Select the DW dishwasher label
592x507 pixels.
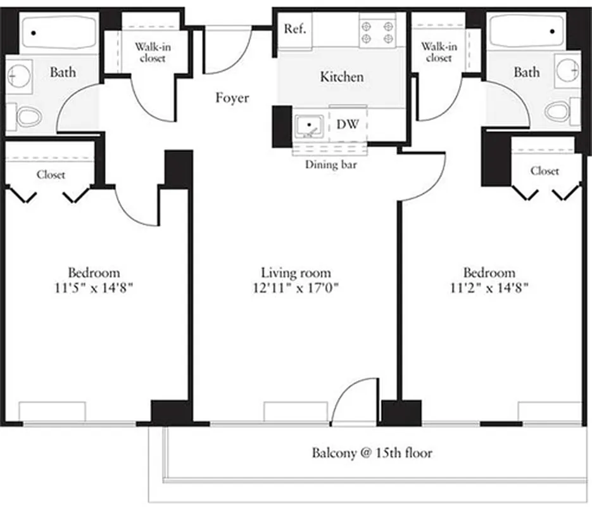tap(347, 125)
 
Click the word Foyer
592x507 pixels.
tap(232, 98)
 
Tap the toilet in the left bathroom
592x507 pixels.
tap(29, 116)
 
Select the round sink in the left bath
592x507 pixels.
tap(15, 77)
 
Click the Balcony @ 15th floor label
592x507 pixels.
tap(372, 453)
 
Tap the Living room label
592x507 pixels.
tap(296, 273)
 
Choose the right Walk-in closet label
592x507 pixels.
tap(439, 52)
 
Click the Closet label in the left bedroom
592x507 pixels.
tap(51, 174)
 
